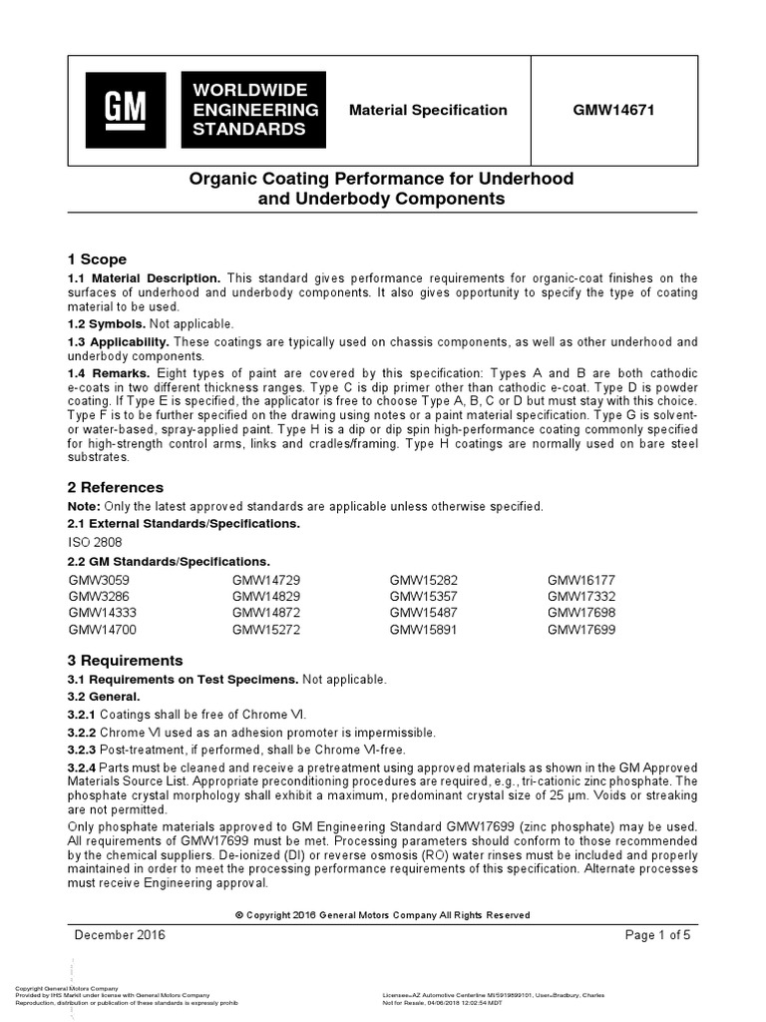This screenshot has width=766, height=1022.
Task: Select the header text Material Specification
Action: click(x=427, y=110)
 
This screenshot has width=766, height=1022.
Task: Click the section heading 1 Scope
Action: click(x=97, y=258)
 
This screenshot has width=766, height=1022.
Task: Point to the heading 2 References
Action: click(x=115, y=487)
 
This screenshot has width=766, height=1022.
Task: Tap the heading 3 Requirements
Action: click(x=125, y=660)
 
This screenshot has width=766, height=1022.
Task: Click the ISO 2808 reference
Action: click(x=95, y=542)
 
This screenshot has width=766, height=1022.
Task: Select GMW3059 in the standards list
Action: click(x=99, y=580)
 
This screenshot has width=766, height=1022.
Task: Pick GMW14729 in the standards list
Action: click(x=266, y=580)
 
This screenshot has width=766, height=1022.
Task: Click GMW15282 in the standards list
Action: click(x=423, y=580)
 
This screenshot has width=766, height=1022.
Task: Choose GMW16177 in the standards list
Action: click(x=581, y=580)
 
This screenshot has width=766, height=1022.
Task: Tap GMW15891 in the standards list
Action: click(x=423, y=630)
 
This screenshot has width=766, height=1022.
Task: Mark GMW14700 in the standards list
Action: click(x=102, y=630)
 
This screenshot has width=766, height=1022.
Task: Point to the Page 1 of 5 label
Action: click(x=657, y=935)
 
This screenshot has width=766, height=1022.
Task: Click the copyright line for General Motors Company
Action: click(x=382, y=914)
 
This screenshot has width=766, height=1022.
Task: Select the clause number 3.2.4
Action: click(x=82, y=766)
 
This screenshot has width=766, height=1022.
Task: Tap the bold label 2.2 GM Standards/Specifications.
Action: click(x=168, y=561)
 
